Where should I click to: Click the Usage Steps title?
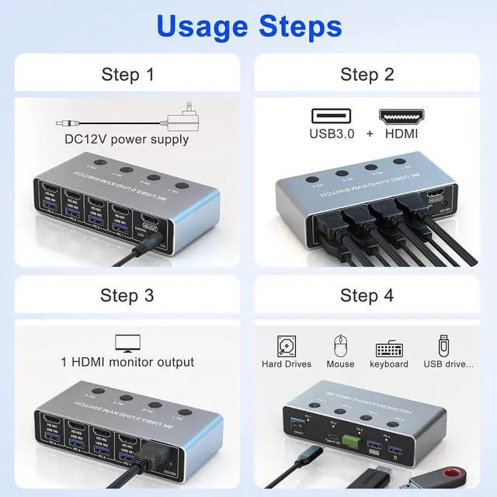pyautogui.click(x=248, y=26)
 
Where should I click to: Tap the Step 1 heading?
pyautogui.click(x=128, y=75)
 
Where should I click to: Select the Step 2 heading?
pyautogui.click(x=367, y=75)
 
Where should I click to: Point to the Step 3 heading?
pyautogui.click(x=128, y=295)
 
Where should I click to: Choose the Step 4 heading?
pyautogui.click(x=367, y=295)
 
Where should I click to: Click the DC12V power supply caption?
pyautogui.click(x=127, y=140)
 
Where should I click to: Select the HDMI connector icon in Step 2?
pyautogui.click(x=399, y=116)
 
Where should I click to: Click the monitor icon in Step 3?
pyautogui.click(x=127, y=342)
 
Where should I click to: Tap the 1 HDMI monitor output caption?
pyautogui.click(x=127, y=362)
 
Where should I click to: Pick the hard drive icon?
pyautogui.click(x=286, y=345)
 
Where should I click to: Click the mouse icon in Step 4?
pyautogui.click(x=339, y=344)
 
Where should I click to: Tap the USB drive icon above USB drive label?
pyautogui.click(x=445, y=344)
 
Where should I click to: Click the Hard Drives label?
pyautogui.click(x=286, y=364)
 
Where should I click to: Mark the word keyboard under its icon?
pyautogui.click(x=389, y=364)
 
